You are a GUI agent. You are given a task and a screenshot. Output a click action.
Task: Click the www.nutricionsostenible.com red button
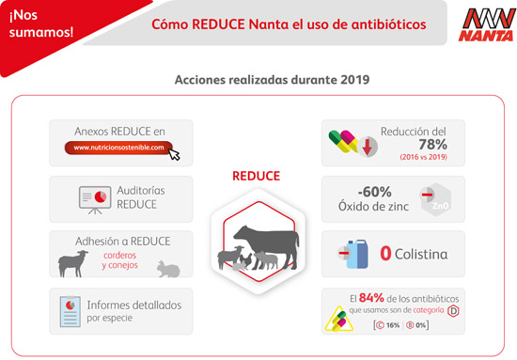click(x=120, y=148)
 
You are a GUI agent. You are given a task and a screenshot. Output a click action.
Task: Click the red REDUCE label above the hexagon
click(x=256, y=176)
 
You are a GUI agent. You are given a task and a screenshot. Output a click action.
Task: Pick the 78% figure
click(x=432, y=145)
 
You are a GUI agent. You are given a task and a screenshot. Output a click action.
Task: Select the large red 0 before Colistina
click(x=386, y=254)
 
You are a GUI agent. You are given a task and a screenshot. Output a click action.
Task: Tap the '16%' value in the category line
click(x=392, y=324)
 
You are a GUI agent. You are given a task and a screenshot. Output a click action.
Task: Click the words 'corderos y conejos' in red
click(x=126, y=260)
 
